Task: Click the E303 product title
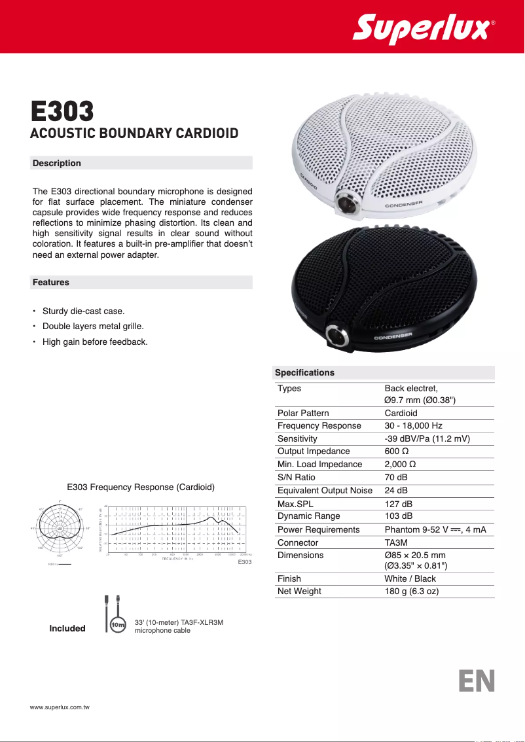(63, 112)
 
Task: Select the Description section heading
(57, 163)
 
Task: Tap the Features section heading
(51, 283)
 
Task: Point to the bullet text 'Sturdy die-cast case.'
(83, 311)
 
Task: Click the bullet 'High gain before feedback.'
(95, 342)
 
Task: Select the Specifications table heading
(304, 373)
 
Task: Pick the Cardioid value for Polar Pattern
(401, 413)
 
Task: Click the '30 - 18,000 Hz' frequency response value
(413, 426)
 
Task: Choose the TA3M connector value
(397, 542)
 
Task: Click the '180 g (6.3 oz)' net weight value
(411, 591)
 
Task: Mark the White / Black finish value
(410, 578)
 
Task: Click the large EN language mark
(477, 680)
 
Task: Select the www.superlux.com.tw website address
(60, 708)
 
